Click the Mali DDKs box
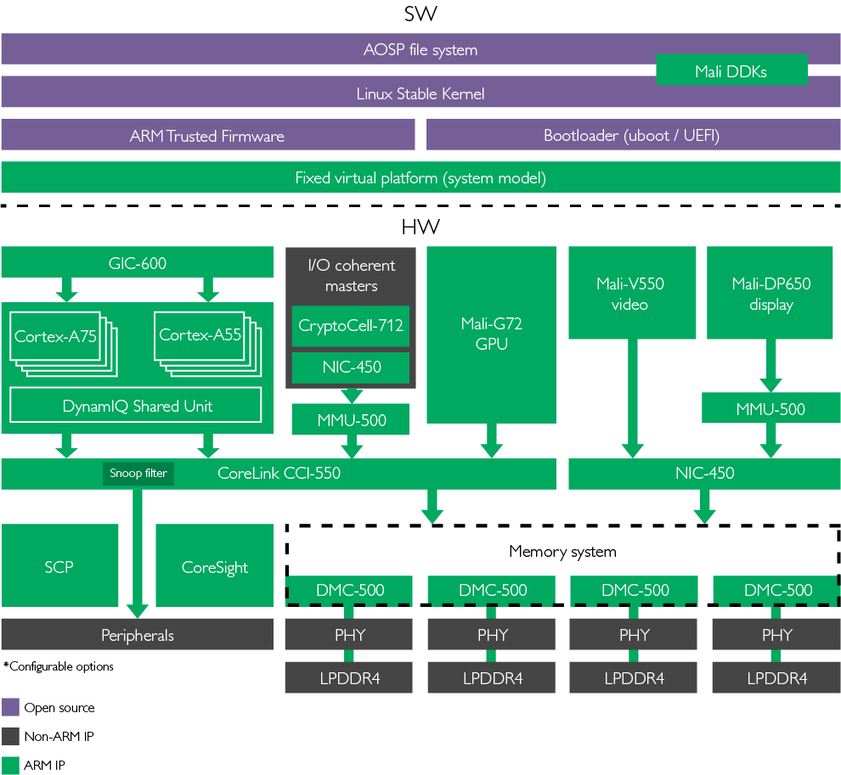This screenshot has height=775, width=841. click(x=731, y=71)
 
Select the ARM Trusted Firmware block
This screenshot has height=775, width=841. click(x=207, y=136)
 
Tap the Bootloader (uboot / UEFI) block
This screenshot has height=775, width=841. click(x=632, y=136)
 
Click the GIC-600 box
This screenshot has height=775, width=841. click(x=138, y=263)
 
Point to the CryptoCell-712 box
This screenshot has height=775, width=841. click(x=351, y=326)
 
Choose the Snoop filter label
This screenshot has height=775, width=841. click(x=138, y=474)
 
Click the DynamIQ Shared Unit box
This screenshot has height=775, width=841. click(x=138, y=406)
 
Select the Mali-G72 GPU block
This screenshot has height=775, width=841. click(x=491, y=334)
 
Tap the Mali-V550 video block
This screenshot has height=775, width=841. click(x=630, y=294)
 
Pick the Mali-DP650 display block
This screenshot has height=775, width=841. click(x=772, y=294)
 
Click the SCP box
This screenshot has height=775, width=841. click(x=59, y=566)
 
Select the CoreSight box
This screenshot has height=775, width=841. click(x=214, y=566)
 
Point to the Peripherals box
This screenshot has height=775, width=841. click(x=138, y=635)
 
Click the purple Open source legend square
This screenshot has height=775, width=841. click(x=10, y=707)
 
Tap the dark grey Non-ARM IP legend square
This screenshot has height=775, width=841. click(x=10, y=736)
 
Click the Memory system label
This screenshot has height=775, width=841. click(x=562, y=552)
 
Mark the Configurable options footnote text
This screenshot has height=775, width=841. click(x=59, y=666)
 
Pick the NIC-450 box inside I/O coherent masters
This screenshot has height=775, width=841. click(x=351, y=368)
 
